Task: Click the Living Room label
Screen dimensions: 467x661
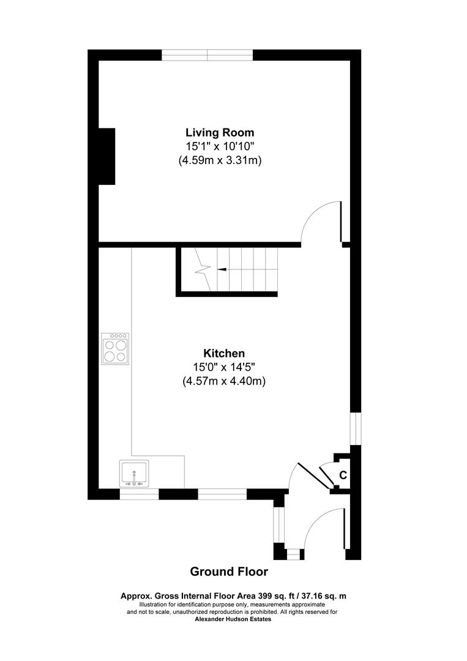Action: (220, 132)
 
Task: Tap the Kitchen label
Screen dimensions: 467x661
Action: (224, 353)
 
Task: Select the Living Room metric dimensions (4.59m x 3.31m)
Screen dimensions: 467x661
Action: (220, 160)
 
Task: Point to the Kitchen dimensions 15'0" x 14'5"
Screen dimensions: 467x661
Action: (224, 367)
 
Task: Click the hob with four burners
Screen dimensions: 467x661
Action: (115, 349)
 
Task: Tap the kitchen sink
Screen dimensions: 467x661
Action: (135, 474)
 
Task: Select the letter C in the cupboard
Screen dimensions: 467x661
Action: (343, 475)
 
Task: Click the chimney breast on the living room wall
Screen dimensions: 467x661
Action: (106, 157)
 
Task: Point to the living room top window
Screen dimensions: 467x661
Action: (207, 55)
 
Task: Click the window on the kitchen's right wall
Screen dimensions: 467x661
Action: (356, 428)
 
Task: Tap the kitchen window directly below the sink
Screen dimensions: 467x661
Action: (139, 494)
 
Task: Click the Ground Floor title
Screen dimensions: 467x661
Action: (229, 572)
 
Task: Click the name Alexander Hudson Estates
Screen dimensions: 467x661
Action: (233, 619)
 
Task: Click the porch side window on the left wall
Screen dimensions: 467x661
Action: (278, 525)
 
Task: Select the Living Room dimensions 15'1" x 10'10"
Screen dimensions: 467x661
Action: (220, 146)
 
